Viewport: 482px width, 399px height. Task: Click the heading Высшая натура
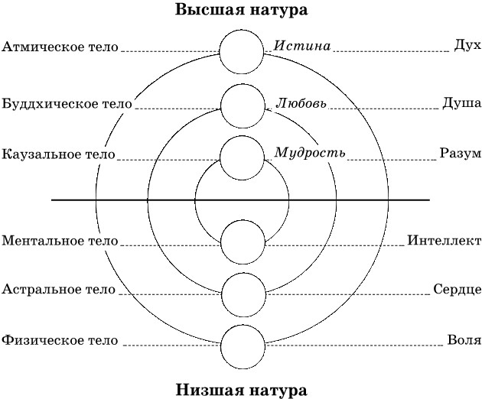242,11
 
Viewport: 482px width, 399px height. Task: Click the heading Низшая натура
242,389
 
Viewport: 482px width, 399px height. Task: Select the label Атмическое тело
60,47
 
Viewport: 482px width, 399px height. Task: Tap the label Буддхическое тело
67,102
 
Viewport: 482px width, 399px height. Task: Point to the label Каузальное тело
59,154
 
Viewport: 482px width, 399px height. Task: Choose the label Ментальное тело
60,241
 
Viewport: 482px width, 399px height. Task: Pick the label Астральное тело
59,290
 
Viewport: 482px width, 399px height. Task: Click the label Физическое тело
60,339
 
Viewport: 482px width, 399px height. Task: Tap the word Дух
467,47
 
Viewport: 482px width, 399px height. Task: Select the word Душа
461,102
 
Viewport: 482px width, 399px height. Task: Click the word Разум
461,154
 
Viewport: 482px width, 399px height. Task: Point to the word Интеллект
444,241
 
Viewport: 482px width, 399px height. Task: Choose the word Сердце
458,290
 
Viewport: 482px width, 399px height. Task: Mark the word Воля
464,339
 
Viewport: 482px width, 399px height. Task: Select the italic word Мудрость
310,152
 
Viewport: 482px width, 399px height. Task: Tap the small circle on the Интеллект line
242,242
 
